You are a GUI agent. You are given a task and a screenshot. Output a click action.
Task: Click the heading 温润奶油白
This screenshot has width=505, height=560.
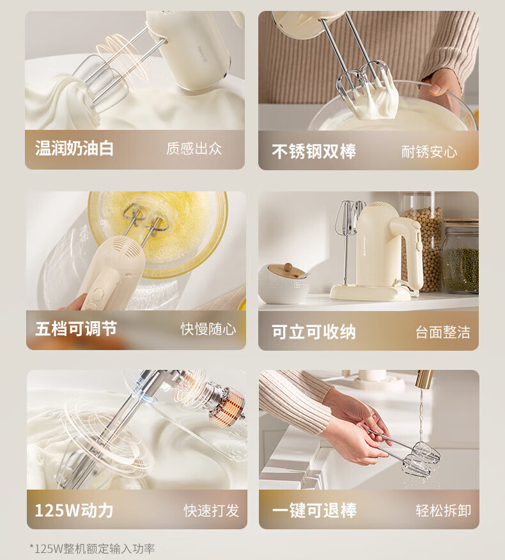click(74, 148)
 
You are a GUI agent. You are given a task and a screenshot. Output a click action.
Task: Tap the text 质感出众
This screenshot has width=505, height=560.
click(194, 148)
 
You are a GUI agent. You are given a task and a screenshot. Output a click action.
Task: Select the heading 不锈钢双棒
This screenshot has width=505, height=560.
click(314, 152)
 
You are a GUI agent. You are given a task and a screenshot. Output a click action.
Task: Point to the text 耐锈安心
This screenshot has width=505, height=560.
click(429, 152)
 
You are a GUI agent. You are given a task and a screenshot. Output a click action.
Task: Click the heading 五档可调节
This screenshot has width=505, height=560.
click(76, 328)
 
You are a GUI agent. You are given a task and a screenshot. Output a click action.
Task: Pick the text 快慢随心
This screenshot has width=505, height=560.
click(208, 329)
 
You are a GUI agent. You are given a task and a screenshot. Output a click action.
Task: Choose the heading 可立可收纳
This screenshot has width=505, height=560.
click(314, 332)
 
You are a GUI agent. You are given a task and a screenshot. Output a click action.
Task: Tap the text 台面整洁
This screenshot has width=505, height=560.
click(443, 332)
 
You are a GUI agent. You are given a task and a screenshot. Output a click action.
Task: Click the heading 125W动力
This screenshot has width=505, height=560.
click(74, 510)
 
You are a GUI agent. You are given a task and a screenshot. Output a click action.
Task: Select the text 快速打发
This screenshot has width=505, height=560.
click(212, 511)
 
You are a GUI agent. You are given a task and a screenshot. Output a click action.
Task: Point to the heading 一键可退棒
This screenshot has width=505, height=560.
click(315, 510)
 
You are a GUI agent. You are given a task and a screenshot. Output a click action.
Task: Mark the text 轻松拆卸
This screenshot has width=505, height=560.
click(443, 511)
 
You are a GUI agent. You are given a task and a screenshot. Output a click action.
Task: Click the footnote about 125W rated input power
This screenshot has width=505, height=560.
click(92, 548)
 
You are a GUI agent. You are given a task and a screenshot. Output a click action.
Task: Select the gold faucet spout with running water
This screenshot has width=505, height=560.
click(424, 380)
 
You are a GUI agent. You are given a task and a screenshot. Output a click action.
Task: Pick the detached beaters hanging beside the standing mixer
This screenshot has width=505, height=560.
click(347, 232)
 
